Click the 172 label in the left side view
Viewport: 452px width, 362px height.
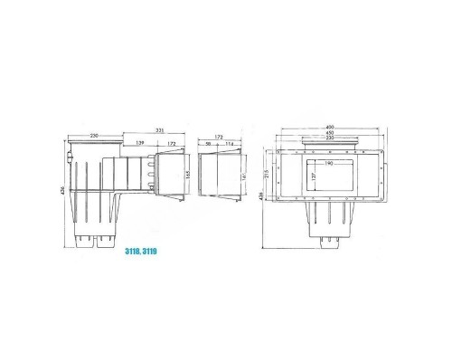coord(168,143)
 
